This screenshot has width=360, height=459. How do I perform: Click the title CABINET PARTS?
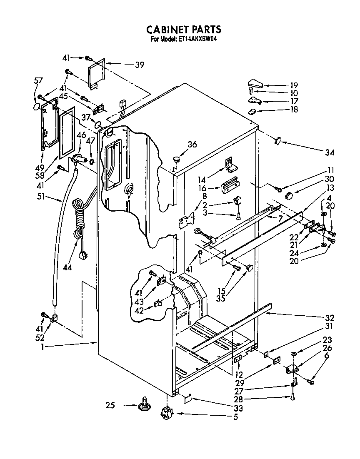(183, 30)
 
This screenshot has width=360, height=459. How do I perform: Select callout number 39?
(140, 64)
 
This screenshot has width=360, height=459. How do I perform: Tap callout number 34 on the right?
(330, 153)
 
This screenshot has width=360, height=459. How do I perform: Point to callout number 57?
(38, 81)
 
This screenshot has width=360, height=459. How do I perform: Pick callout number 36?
(192, 145)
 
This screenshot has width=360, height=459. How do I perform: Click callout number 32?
(331, 318)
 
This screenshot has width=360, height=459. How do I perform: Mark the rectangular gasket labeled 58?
(66, 132)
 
